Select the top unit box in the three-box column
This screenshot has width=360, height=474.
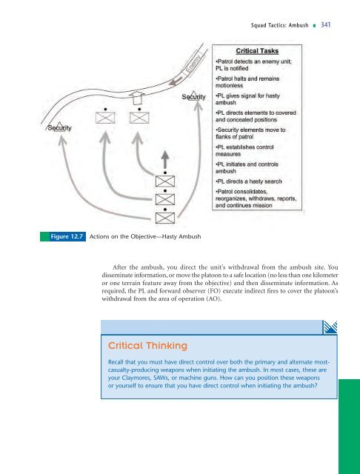pos(164,181)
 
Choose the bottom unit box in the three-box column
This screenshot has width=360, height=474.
pos(164,217)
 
